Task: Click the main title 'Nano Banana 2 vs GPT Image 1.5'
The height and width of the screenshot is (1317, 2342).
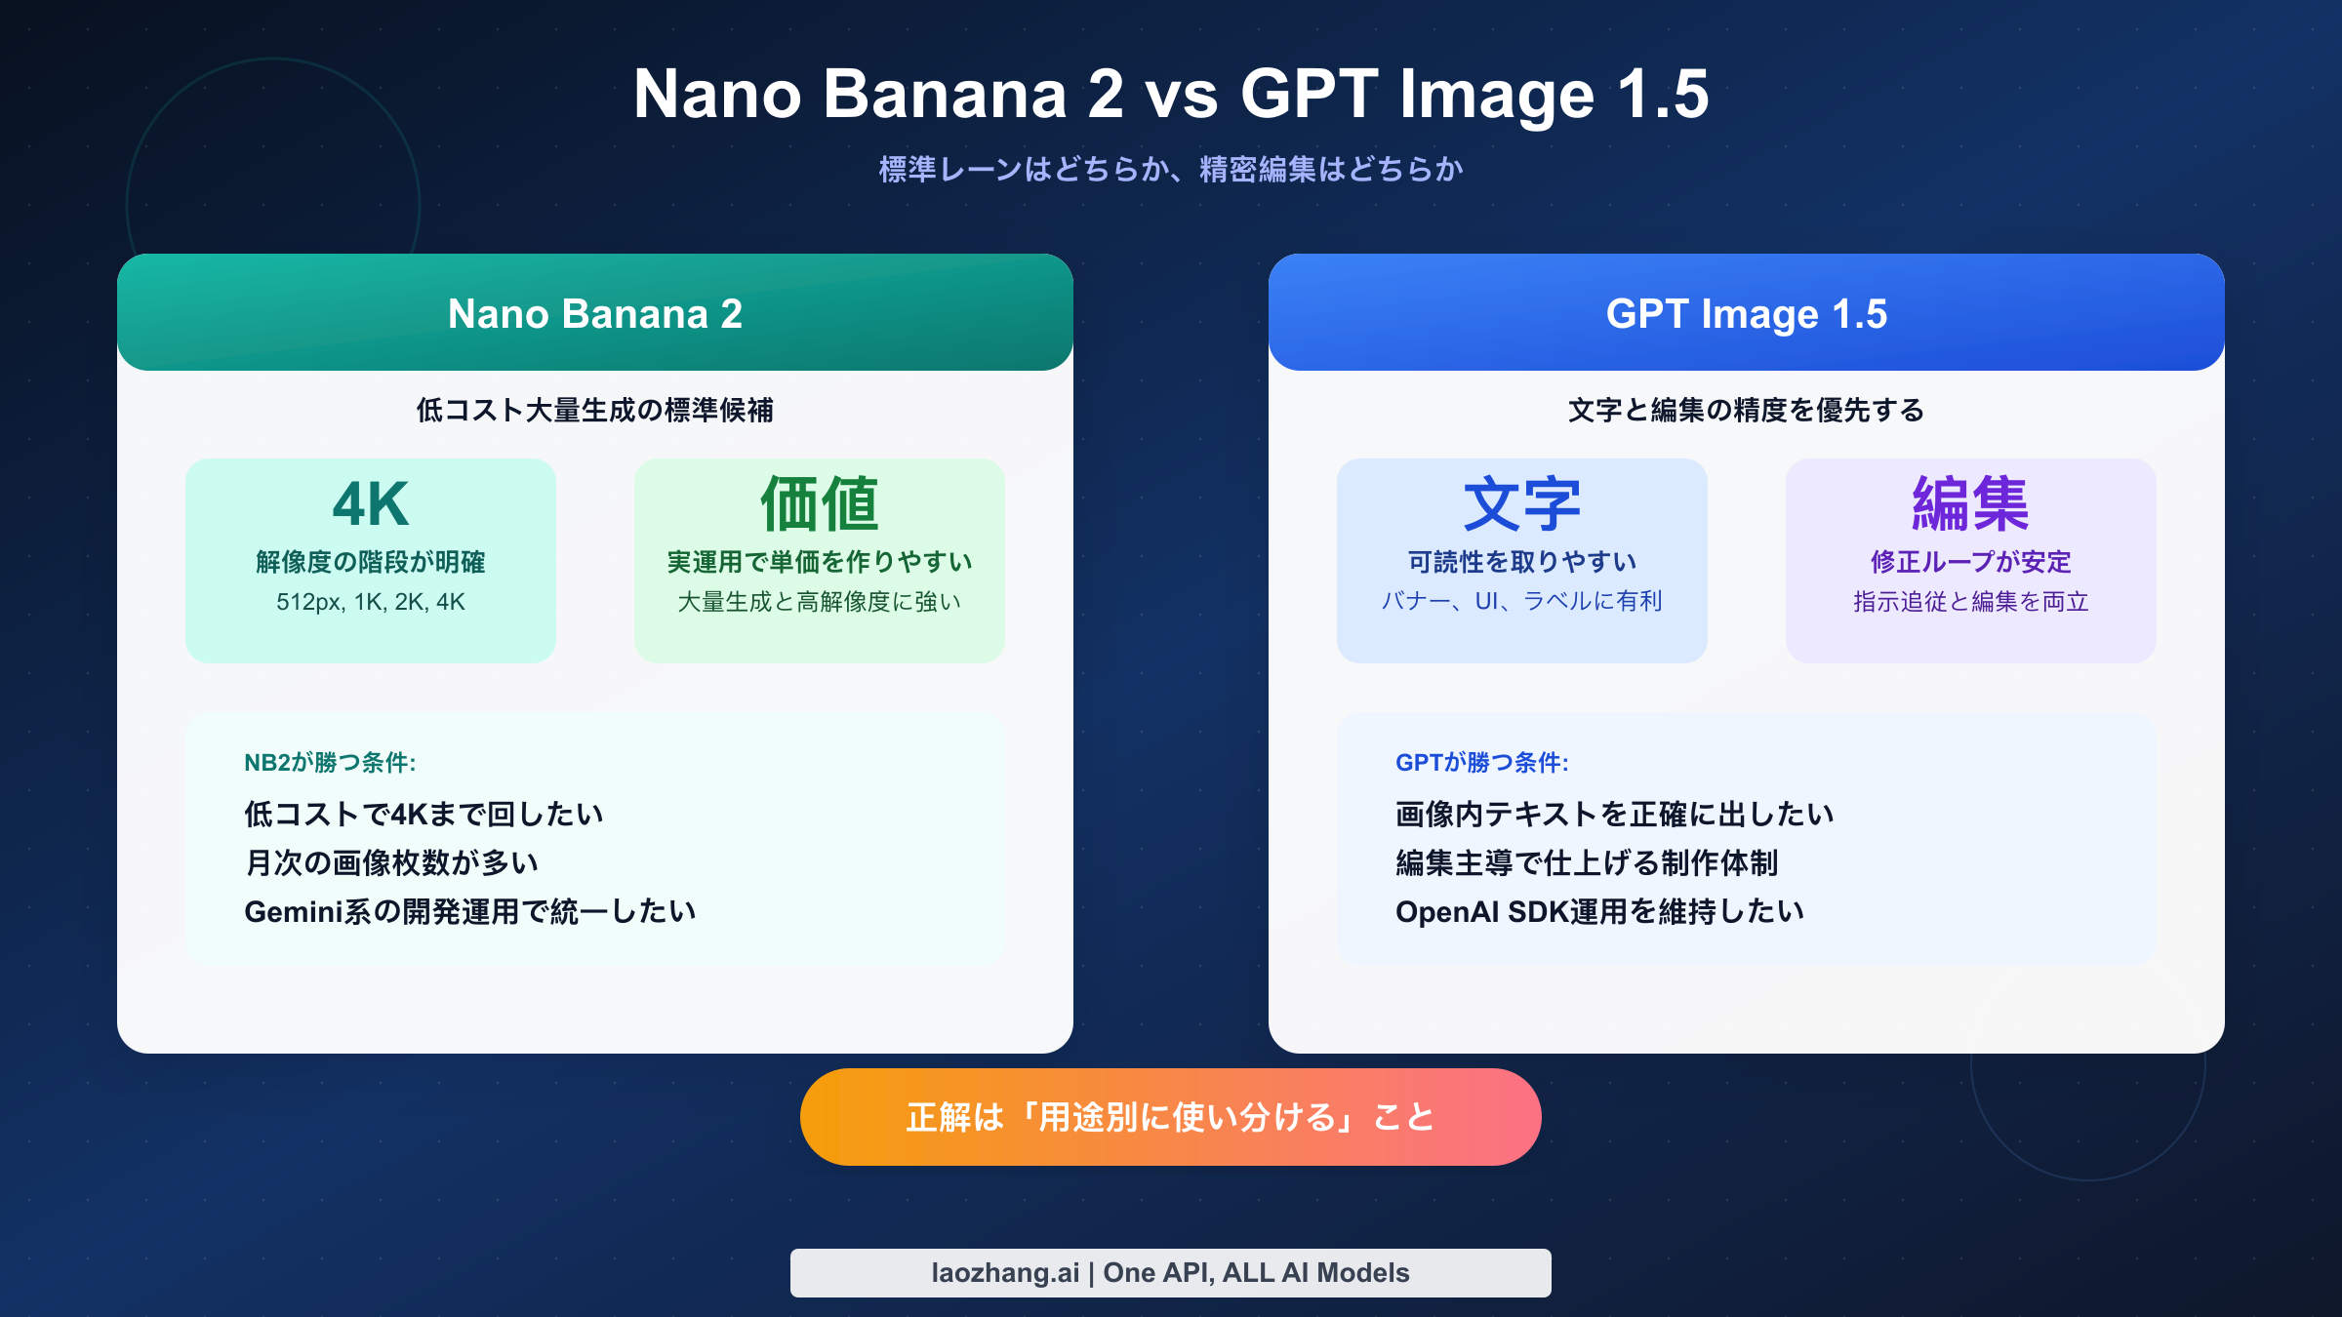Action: pyautogui.click(x=1171, y=94)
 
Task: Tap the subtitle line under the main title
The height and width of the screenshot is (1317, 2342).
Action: pyautogui.click(x=1171, y=170)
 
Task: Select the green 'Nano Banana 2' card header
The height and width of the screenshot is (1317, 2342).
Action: pyautogui.click(x=595, y=313)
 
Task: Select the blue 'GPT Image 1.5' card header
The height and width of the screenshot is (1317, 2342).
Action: pyautogui.click(x=1747, y=313)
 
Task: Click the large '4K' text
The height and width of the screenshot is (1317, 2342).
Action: pyautogui.click(x=371, y=504)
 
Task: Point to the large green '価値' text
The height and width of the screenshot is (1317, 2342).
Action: pyautogui.click(x=820, y=504)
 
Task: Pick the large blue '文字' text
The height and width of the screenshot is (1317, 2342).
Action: pyautogui.click(x=1522, y=504)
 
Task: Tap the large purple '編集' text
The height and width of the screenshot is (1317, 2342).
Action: pyautogui.click(x=1971, y=504)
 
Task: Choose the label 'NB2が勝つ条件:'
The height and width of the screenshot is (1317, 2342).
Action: pyautogui.click(x=330, y=763)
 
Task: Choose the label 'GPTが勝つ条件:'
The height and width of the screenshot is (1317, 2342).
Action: pyautogui.click(x=1481, y=763)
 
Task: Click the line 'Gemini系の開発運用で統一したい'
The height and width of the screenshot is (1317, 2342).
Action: pyautogui.click(x=470, y=911)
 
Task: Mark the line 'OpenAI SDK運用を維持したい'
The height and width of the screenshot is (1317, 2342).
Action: pyautogui.click(x=1600, y=911)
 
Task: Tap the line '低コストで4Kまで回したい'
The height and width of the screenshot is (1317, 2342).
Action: pyautogui.click(x=424, y=814)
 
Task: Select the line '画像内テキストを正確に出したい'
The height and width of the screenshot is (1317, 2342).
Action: pyautogui.click(x=1615, y=814)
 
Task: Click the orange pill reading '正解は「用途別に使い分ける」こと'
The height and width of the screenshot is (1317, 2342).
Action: pyautogui.click(x=1171, y=1117)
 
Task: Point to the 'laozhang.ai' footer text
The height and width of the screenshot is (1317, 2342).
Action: pyautogui.click(x=1005, y=1273)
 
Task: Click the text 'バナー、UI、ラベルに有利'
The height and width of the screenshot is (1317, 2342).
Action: pyautogui.click(x=1522, y=602)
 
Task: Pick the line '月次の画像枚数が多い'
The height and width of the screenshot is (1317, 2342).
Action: pyautogui.click(x=391, y=862)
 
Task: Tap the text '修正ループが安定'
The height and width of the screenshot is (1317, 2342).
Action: pyautogui.click(x=1971, y=562)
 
